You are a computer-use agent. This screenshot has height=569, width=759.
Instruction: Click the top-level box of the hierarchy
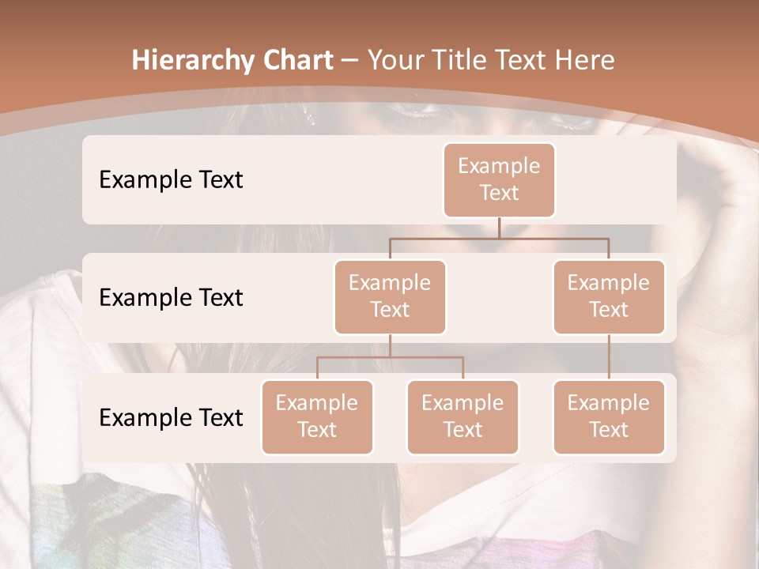499,179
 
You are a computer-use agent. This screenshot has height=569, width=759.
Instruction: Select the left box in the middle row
390,296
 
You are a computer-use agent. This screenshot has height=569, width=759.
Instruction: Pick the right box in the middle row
609,296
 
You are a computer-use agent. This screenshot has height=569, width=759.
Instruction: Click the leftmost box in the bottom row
317,416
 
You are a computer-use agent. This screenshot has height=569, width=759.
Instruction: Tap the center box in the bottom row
463,416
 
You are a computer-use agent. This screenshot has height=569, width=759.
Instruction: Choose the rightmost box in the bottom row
609,416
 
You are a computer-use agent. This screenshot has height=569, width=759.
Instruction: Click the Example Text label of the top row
171,180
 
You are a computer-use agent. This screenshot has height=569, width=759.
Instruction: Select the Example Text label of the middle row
171,298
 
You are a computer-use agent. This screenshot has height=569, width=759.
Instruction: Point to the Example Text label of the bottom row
171,417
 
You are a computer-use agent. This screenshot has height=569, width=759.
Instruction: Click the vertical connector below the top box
499,228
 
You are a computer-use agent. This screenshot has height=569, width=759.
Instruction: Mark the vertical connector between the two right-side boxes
609,357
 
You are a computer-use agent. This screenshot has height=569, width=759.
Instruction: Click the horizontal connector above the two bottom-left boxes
390,357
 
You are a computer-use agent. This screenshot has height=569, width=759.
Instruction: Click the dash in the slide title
350,61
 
